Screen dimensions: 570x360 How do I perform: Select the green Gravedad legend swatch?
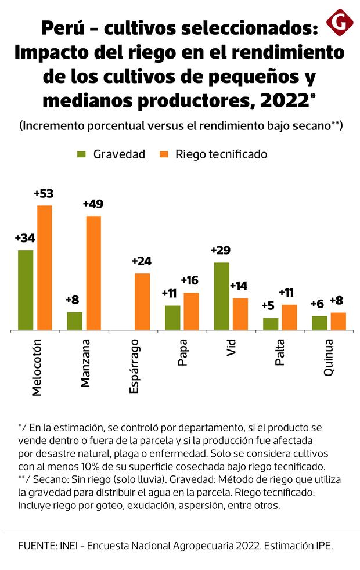81,154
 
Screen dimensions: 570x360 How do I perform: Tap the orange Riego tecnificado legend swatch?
164,154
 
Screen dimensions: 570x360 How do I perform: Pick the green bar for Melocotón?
26,290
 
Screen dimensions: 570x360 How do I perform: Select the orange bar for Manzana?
93,273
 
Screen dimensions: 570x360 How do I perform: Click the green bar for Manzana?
75,321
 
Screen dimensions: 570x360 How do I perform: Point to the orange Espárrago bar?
143,302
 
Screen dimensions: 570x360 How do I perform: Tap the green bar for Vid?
222,296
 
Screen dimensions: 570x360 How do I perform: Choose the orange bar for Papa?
192,311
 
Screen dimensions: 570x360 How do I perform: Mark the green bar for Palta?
271,324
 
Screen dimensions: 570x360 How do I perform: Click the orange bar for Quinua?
339,321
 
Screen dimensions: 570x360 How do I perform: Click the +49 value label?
93,204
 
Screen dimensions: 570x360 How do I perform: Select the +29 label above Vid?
221,251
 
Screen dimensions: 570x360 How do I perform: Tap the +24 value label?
142,261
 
